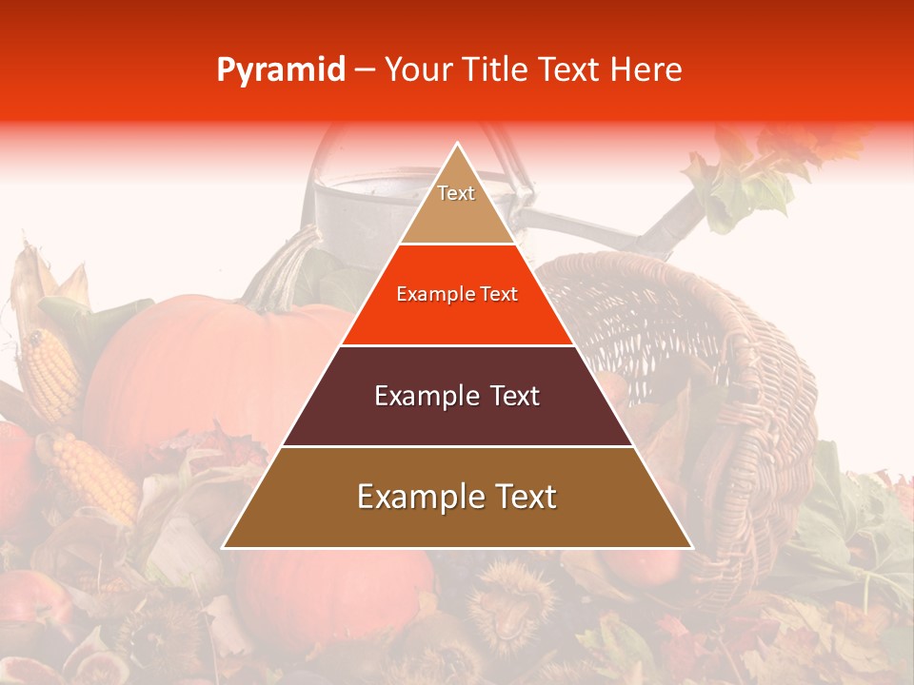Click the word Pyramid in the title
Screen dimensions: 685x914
coord(281,69)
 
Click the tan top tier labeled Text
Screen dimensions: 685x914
coord(457,205)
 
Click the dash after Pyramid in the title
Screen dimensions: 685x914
coord(364,70)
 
